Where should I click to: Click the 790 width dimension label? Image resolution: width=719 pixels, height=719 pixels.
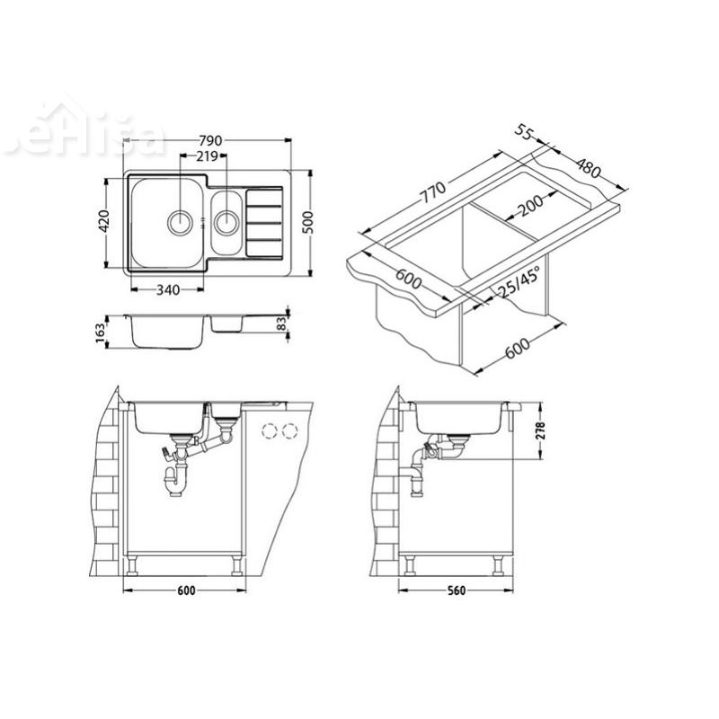point(209,142)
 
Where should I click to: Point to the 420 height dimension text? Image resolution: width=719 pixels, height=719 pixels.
point(103,221)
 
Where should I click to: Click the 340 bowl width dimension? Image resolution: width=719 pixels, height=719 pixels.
point(168,289)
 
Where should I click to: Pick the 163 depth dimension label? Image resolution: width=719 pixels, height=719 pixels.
point(102,333)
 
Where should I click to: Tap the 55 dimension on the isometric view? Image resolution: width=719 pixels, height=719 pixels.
point(525,133)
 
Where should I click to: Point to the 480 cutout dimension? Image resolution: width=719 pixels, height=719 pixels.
point(589,167)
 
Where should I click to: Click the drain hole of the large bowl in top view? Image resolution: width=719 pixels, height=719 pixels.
point(179,219)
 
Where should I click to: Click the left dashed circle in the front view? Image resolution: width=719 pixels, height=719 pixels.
point(268,431)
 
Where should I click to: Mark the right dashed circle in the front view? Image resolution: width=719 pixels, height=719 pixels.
point(288,431)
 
